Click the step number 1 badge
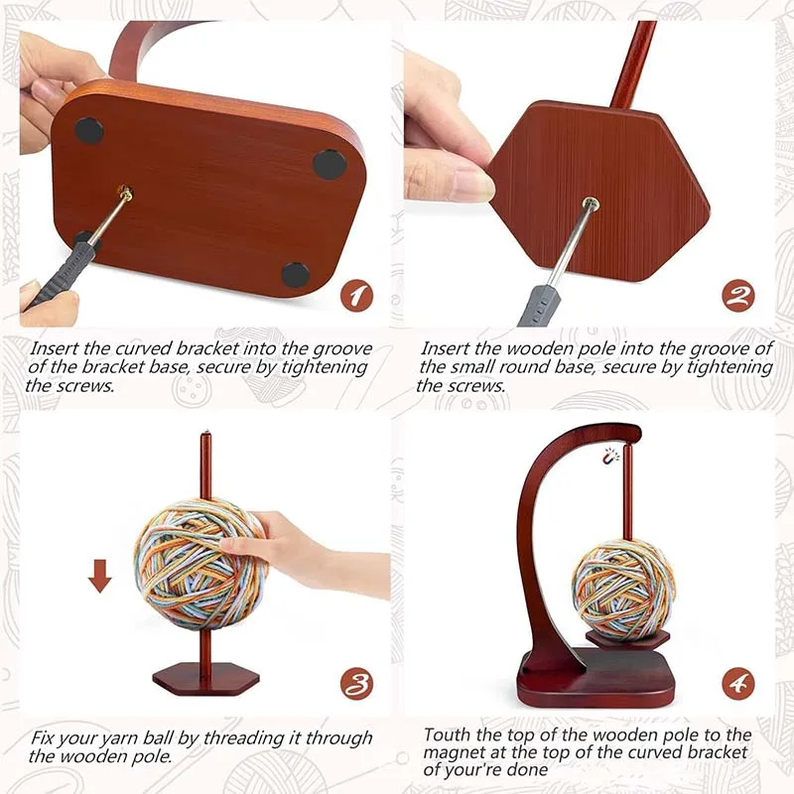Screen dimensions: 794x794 pyautogui.click(x=356, y=296)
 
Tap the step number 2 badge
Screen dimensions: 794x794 pyautogui.click(x=737, y=296)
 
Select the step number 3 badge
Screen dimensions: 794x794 pyautogui.click(x=356, y=684)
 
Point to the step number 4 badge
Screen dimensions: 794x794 pyautogui.click(x=737, y=684)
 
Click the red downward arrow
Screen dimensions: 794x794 pyautogui.click(x=100, y=577)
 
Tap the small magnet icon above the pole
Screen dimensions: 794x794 pyautogui.click(x=611, y=457)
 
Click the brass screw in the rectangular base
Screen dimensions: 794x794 pyautogui.click(x=126, y=193)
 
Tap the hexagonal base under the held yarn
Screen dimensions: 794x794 pyautogui.click(x=205, y=679)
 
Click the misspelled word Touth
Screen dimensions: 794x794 pyautogui.click(x=447, y=734)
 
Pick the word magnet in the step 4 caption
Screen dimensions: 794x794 pyautogui.click(x=453, y=752)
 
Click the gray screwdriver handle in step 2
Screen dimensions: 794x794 pyautogui.click(x=539, y=306)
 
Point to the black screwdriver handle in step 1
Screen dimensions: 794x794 pyautogui.click(x=61, y=275)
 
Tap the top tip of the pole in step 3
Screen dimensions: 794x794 pyautogui.click(x=205, y=433)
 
